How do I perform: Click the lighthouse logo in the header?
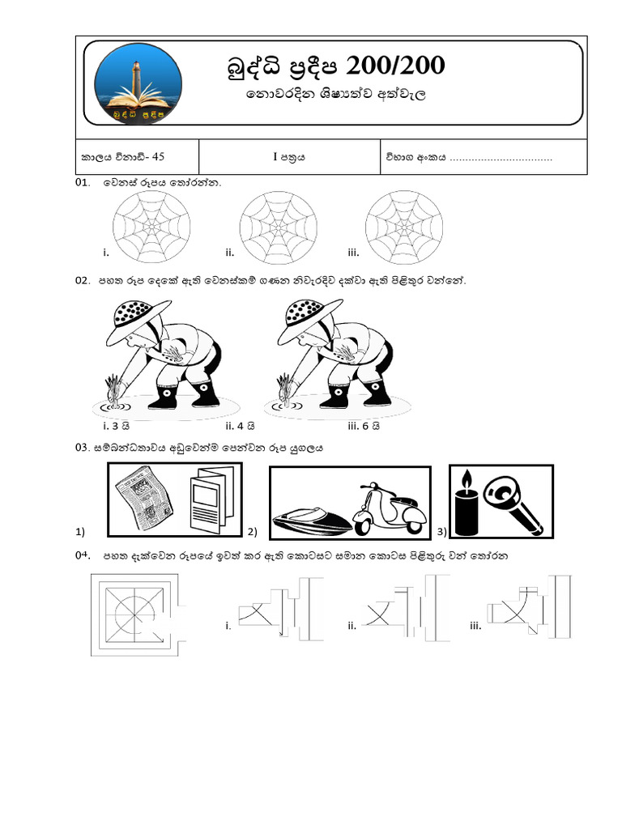pos(135,85)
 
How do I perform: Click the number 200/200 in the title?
pos(396,66)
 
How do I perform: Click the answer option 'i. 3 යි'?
pos(114,425)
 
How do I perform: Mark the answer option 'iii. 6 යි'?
pos(364,425)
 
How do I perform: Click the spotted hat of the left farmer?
pos(139,312)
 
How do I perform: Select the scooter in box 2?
pos(390,508)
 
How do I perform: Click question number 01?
pos(82,184)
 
